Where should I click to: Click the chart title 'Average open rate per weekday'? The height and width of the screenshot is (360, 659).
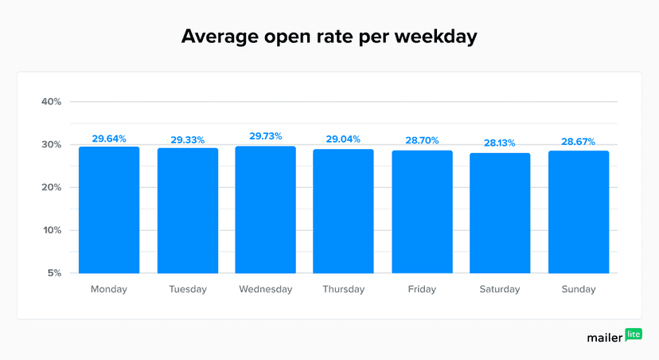coord(329,37)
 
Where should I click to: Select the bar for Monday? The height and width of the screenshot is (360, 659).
coord(109,210)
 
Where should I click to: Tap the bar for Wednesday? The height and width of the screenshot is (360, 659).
coord(265,210)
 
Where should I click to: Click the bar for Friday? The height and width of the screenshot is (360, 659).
coord(422,212)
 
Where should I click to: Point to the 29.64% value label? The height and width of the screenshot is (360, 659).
coord(109,139)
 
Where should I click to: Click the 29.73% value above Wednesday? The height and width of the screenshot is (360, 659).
coord(266,137)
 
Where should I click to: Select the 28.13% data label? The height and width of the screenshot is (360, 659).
coord(500,143)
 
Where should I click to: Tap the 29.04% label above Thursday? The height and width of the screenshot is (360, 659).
coord(343,139)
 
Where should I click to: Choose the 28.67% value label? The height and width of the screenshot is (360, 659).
coord(578,141)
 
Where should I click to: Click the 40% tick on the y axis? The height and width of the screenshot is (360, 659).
coord(52,102)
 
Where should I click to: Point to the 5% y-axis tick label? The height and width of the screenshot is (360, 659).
coord(54,273)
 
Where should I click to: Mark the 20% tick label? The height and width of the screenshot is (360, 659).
coord(52,188)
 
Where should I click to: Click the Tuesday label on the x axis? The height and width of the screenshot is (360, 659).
coord(187,289)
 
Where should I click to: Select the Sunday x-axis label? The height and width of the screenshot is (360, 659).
coord(578,289)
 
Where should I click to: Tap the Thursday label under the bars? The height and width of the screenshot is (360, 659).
coord(343,289)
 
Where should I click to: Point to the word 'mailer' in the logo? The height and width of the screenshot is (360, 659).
coord(605,338)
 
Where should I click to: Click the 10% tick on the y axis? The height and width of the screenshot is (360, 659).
coord(52,231)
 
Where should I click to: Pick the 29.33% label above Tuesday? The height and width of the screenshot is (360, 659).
coord(187,140)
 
